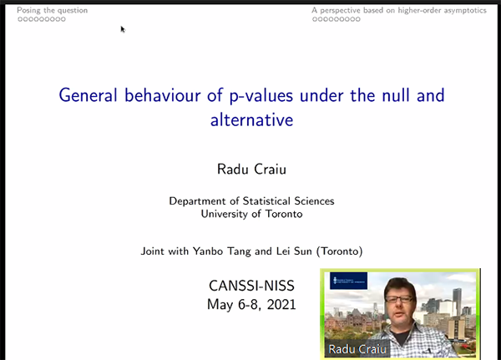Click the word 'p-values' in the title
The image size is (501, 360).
pos(261,96)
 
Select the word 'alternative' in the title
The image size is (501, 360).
pos(252,120)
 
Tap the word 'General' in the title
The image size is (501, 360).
pos(89,95)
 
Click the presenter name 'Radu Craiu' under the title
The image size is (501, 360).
pos(252,169)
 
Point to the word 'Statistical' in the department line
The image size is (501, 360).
pos(266,200)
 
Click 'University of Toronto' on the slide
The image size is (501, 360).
pos(252,214)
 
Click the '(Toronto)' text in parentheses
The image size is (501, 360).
pos(339,251)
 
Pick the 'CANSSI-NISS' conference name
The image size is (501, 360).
pos(252,286)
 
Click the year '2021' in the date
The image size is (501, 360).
pos(281,304)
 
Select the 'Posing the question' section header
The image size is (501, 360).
pos(52,11)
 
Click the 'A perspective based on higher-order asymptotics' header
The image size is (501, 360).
pos(399,11)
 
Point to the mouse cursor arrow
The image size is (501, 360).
pos(123,29)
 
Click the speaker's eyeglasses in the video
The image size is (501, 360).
pos(399,300)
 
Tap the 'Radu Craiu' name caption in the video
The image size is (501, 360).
pos(357,349)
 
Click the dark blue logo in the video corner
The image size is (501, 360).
pos(348,281)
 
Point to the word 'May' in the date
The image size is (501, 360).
pos(220,305)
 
